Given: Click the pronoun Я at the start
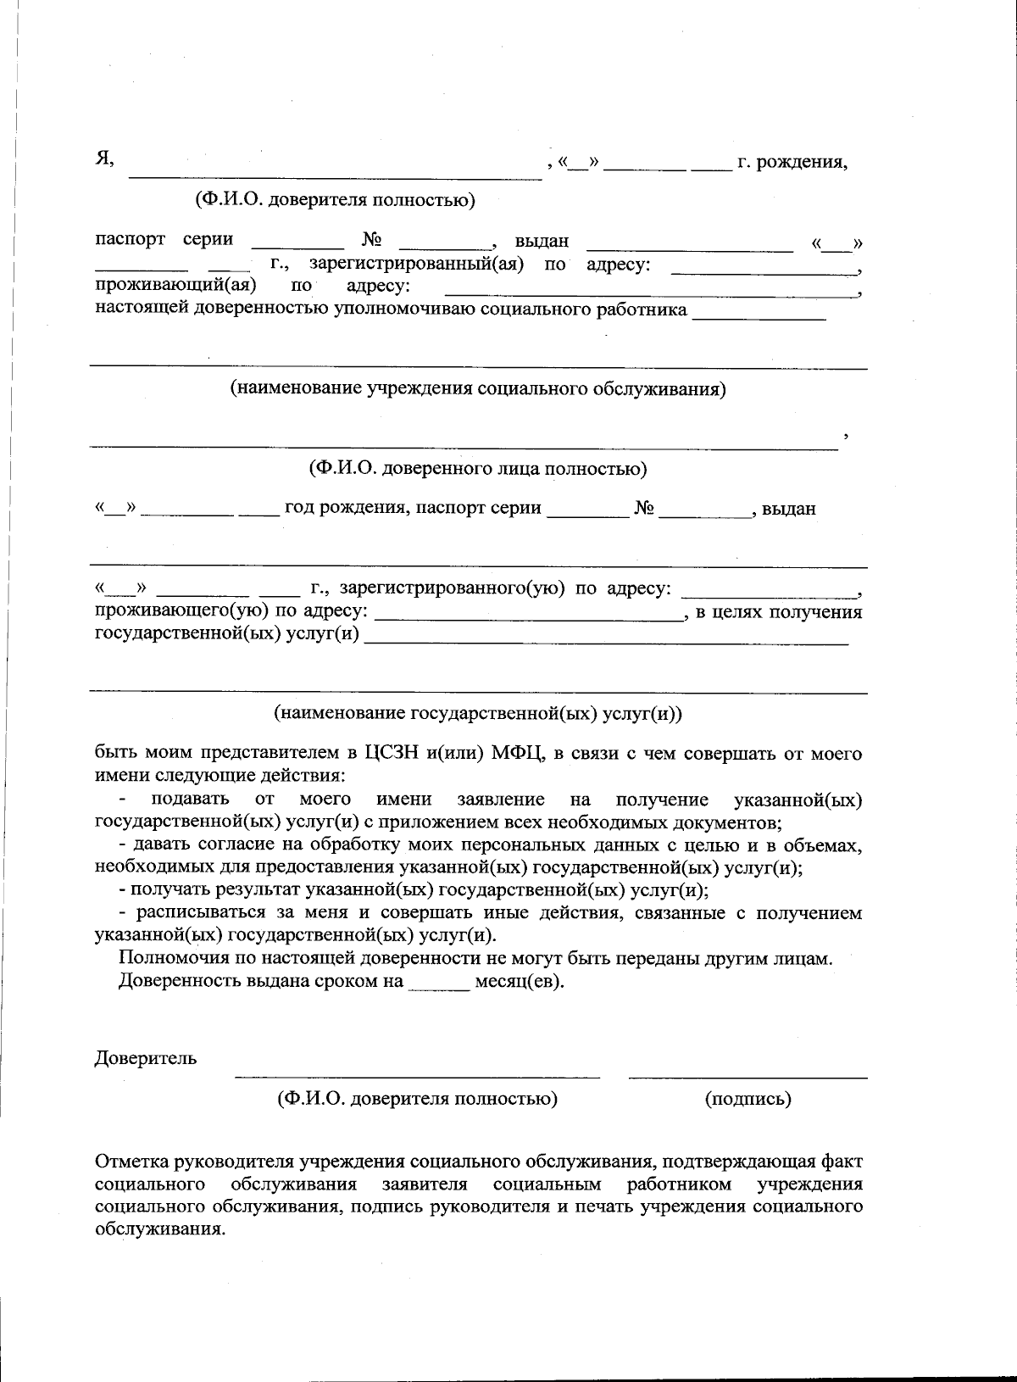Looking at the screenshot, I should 103,159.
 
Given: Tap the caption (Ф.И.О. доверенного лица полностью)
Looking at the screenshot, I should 477,468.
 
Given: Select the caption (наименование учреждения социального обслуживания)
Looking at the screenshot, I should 478,389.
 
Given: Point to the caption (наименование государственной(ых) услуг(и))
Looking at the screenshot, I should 478,713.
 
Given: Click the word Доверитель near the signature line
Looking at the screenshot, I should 146,1058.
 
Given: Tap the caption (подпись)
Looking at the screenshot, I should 747,1099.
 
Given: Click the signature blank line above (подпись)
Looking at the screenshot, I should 747,1077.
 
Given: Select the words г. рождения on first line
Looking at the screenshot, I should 792,161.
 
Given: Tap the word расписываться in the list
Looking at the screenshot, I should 196,913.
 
